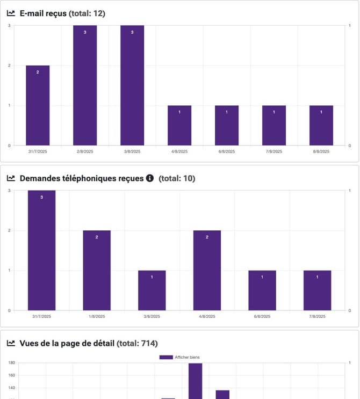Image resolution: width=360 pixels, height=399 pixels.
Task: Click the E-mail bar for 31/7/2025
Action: tap(38, 105)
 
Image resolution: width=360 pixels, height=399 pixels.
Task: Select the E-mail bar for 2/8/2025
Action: tap(85, 85)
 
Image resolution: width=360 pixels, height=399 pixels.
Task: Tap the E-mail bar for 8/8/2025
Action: tap(321, 125)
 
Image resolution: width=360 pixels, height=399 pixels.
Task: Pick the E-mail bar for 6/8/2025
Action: tap(227, 125)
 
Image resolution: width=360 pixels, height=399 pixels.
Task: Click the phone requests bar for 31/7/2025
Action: tap(41, 250)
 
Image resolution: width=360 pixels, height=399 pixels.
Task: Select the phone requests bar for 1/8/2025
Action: tap(97, 270)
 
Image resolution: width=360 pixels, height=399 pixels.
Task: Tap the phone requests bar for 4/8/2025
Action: tap(207, 270)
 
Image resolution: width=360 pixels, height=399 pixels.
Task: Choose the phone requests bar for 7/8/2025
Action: tap(317, 290)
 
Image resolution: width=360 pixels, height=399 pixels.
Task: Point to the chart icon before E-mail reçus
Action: tap(11, 13)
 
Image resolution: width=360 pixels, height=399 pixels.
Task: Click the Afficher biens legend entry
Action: tap(180, 357)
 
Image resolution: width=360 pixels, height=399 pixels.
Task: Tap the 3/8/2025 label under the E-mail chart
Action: tap(132, 151)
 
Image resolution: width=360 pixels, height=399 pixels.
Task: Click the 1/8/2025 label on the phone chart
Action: tap(97, 317)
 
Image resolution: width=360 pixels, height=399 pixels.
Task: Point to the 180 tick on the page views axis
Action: tap(11, 362)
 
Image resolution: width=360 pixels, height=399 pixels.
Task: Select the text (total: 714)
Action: tap(137, 343)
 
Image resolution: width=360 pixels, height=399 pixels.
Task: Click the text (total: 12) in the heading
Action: tap(87, 13)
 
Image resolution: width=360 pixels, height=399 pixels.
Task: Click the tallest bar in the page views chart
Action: tap(195, 381)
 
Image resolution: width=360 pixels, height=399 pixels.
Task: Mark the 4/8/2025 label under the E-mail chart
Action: tap(179, 151)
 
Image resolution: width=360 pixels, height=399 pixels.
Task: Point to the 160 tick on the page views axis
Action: tap(11, 375)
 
